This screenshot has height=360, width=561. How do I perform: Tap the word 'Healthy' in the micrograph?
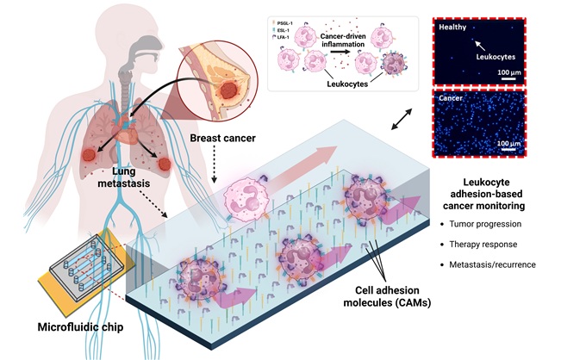[x=452, y=27]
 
